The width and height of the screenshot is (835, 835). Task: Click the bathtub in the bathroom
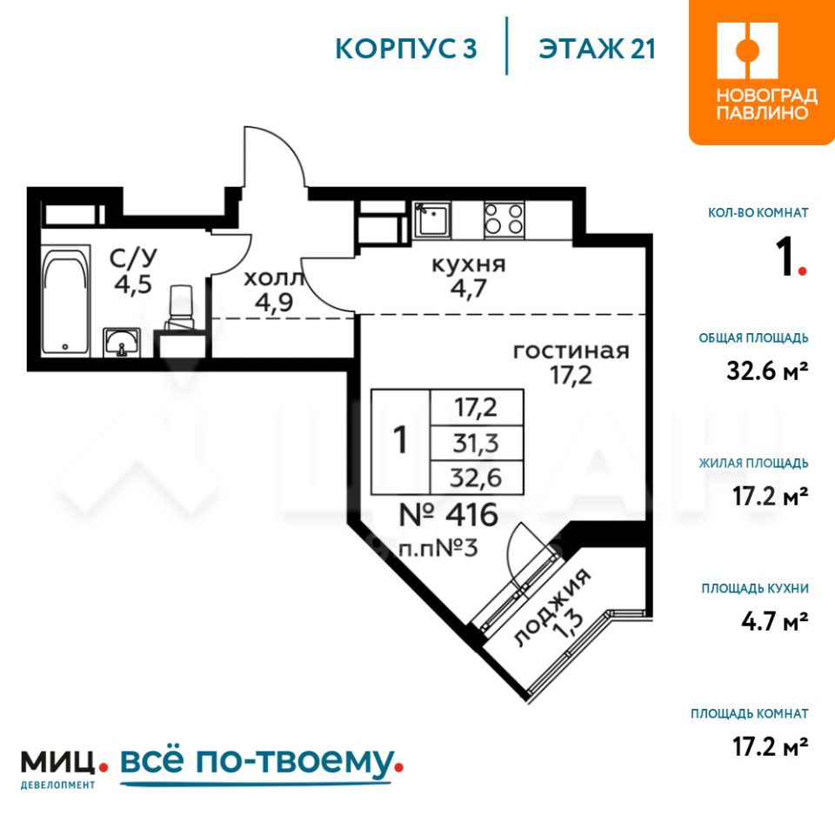(66, 302)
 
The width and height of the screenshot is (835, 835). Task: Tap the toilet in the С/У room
(181, 308)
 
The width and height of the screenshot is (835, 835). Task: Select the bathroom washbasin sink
(122, 342)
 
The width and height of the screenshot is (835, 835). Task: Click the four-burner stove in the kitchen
(504, 219)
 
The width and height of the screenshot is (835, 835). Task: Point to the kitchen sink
(432, 219)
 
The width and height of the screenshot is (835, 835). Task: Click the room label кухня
(468, 264)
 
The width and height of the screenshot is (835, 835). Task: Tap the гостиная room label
(571, 351)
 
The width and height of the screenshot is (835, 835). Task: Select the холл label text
(274, 278)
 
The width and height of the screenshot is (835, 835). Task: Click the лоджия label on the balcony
(552, 608)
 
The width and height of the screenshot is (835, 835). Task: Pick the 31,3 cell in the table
(476, 443)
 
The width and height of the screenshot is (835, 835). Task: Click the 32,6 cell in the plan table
(476, 478)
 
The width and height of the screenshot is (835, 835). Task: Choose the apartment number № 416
(449, 514)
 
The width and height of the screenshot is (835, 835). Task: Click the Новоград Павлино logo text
(766, 104)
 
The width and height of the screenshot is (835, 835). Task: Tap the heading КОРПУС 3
(406, 49)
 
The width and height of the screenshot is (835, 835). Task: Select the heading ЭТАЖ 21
(597, 49)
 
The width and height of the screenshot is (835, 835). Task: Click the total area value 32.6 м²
(767, 371)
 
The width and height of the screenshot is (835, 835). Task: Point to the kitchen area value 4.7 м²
(775, 621)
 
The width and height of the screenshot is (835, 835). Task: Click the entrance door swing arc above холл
(285, 147)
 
